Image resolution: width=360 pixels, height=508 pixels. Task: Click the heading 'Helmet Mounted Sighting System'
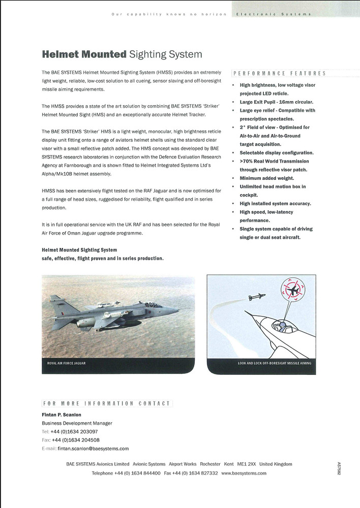tap(122, 54)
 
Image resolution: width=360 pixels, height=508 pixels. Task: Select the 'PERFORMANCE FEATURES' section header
tap(279, 73)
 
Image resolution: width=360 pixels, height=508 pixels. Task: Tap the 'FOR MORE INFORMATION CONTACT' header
tap(107, 403)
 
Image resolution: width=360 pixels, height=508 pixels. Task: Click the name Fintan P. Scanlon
tap(61, 415)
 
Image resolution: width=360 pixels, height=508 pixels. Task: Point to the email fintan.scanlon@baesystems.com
tap(93, 449)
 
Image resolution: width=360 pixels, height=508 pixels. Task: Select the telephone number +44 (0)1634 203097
tap(74, 431)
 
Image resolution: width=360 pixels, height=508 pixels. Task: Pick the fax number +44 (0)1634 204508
tap(76, 440)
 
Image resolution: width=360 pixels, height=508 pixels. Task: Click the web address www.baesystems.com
tap(244, 473)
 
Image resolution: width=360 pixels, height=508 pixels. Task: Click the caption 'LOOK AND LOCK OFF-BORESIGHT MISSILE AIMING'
tap(275, 364)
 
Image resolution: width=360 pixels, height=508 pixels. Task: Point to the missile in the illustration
tap(257, 297)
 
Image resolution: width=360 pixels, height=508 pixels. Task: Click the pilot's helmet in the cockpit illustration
tap(277, 325)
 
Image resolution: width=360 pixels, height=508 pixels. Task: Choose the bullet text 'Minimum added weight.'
tap(266, 178)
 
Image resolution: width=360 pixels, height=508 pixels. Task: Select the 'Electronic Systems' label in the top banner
tap(273, 14)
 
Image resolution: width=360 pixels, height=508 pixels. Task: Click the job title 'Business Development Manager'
tap(77, 423)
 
